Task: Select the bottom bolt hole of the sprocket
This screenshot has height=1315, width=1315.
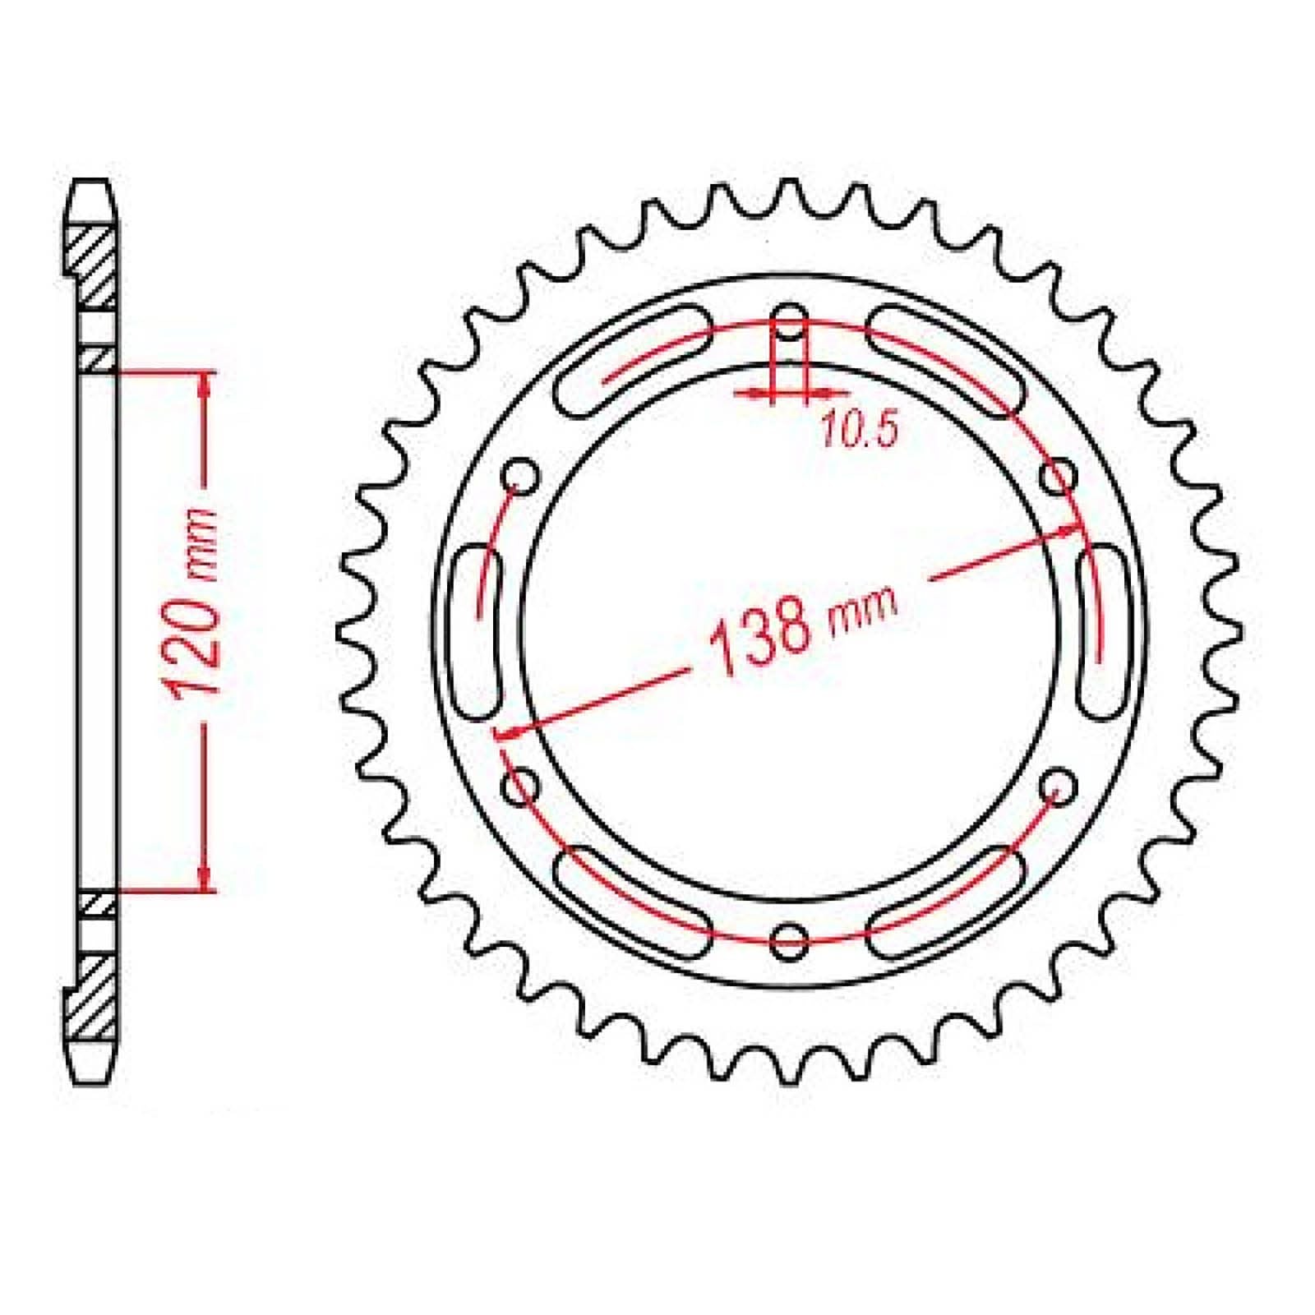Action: [790, 938]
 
